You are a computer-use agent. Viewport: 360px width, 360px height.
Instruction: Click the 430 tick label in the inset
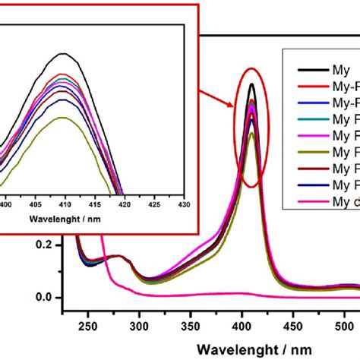tap(183, 205)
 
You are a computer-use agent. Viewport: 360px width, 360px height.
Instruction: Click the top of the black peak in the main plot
tap(251, 84)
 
